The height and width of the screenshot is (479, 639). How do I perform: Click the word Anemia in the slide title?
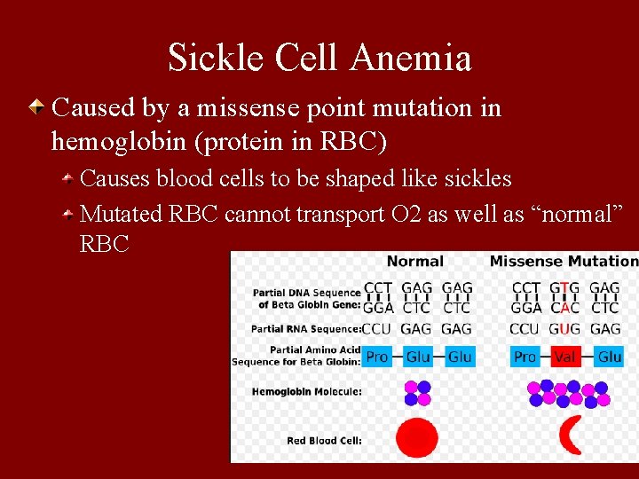pyautogui.click(x=410, y=59)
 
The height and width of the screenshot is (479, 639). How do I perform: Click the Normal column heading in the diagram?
pyautogui.click(x=415, y=261)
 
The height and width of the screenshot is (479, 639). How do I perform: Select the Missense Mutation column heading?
pyautogui.click(x=564, y=261)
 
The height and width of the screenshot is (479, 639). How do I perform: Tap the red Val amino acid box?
pyautogui.click(x=564, y=357)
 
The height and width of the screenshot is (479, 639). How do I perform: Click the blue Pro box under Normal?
pyautogui.click(x=377, y=357)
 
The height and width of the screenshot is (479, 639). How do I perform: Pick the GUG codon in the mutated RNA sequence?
pyautogui.click(x=564, y=329)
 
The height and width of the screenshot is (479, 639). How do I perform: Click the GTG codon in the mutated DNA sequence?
pyautogui.click(x=564, y=288)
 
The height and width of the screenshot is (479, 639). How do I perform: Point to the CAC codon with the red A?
pyautogui.click(x=564, y=308)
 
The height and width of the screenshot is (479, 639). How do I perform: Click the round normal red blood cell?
pyautogui.click(x=416, y=438)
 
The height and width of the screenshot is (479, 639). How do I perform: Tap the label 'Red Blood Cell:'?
pyautogui.click(x=324, y=440)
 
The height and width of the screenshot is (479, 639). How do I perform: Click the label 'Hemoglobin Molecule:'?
pyautogui.click(x=307, y=391)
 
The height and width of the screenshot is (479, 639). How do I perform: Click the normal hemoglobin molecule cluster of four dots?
pyautogui.click(x=417, y=393)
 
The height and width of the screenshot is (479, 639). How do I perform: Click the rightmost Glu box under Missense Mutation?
pyautogui.click(x=610, y=357)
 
